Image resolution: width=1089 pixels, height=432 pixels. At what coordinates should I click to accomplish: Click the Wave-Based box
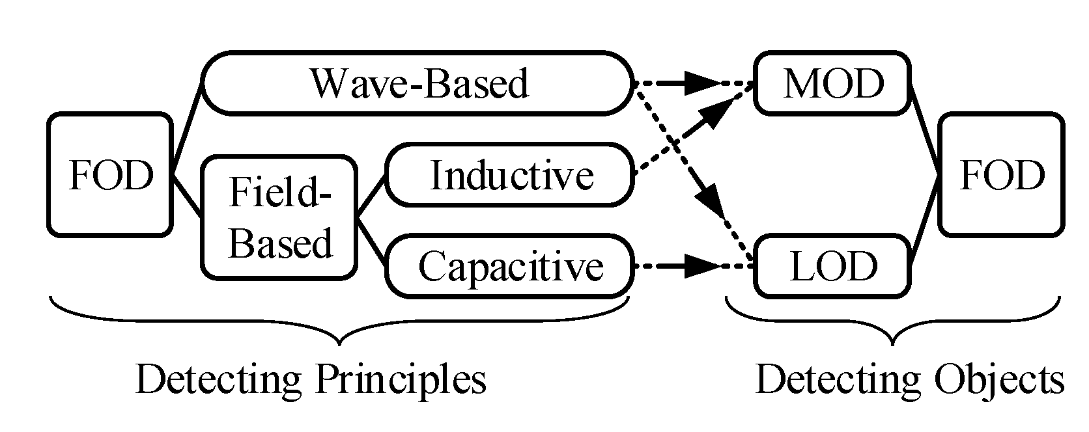[x=417, y=84]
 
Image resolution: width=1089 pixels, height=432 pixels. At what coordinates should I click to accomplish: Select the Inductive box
[x=510, y=176]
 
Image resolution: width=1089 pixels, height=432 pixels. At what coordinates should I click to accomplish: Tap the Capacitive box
[x=510, y=266]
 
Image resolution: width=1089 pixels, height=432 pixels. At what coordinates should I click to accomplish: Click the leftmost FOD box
[x=109, y=174]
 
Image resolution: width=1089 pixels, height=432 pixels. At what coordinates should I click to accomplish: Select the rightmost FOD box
[x=1002, y=174]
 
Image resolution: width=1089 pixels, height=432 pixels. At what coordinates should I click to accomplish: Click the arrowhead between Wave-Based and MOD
[x=703, y=84]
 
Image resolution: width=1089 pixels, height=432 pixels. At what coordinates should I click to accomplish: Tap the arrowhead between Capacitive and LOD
[x=703, y=266]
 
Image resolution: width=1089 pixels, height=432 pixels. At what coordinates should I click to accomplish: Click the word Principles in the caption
[x=400, y=380]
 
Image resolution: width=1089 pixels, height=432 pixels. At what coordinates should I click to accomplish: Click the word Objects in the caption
[x=998, y=380]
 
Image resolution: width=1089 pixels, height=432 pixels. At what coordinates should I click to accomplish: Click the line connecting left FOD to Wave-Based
[x=187, y=130]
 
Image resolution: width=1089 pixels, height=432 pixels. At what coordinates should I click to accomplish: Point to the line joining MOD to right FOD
[x=924, y=130]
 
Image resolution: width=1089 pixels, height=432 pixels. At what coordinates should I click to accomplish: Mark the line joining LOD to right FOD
[x=924, y=221]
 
